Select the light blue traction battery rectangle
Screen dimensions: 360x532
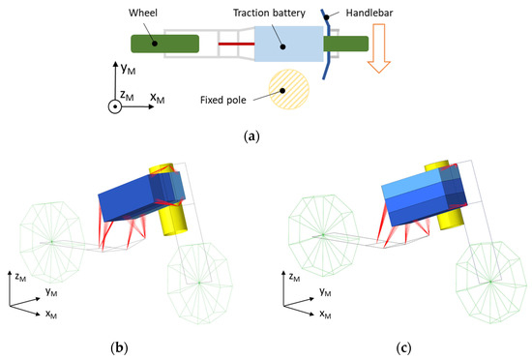(x=286, y=45)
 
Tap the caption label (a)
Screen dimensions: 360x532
(x=265, y=136)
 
